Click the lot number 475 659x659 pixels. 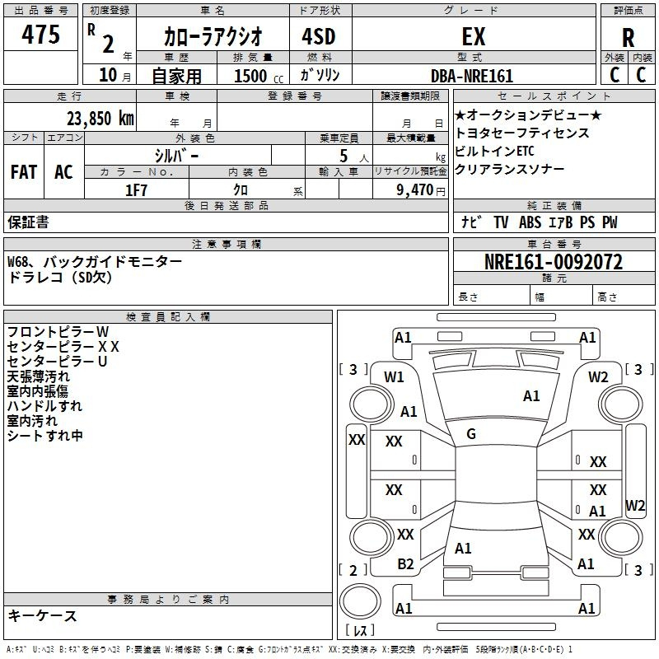[41, 35]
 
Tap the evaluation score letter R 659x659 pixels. [628, 38]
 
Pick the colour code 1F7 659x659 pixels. [136, 189]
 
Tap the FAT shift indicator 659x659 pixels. [24, 172]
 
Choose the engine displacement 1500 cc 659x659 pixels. [250, 76]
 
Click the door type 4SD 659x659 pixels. [312, 37]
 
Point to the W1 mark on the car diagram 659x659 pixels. [394, 377]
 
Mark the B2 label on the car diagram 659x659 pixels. [405, 564]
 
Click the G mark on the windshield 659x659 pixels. [470, 434]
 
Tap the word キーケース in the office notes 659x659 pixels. [42, 616]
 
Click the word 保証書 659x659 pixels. [28, 222]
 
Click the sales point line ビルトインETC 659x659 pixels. [494, 151]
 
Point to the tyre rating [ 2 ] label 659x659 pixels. [353, 570]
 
